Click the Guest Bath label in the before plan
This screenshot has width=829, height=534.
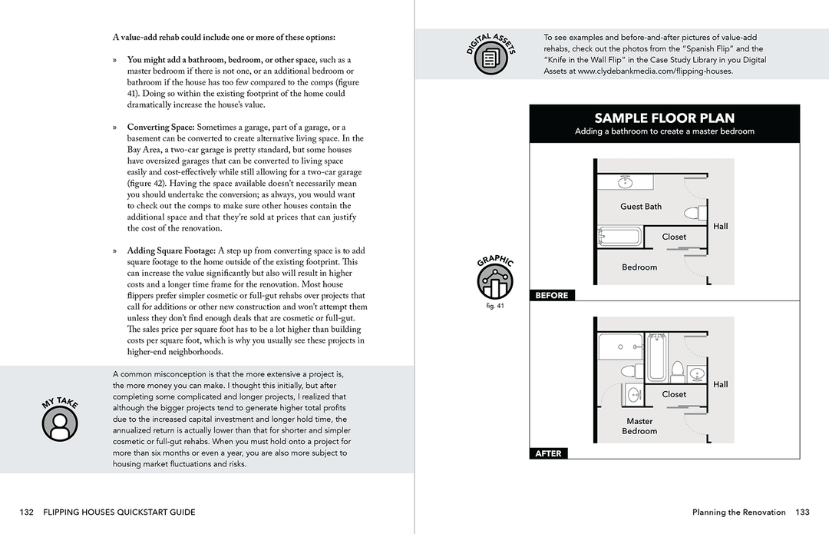pyautogui.click(x=641, y=207)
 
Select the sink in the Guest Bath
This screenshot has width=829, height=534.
pyautogui.click(x=624, y=182)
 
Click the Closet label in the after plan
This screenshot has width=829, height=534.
pyautogui.click(x=674, y=394)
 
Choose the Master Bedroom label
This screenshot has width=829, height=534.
pyautogui.click(x=639, y=426)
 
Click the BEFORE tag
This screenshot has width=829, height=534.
pyautogui.click(x=552, y=295)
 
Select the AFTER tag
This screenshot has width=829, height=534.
pyautogui.click(x=548, y=453)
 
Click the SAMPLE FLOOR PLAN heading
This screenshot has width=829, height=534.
pyautogui.click(x=664, y=118)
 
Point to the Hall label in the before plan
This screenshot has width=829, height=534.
pyautogui.click(x=720, y=227)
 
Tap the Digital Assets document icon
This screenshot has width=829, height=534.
pyautogui.click(x=490, y=56)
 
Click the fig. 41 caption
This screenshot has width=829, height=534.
pyautogui.click(x=495, y=307)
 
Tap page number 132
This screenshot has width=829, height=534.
pyautogui.click(x=27, y=512)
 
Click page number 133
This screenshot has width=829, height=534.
pyautogui.click(x=802, y=512)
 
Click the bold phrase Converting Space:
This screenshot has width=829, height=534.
pyautogui.click(x=160, y=127)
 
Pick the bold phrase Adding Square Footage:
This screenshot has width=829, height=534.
pyautogui.click(x=171, y=250)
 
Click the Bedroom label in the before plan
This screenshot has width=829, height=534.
pyautogui.click(x=639, y=267)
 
